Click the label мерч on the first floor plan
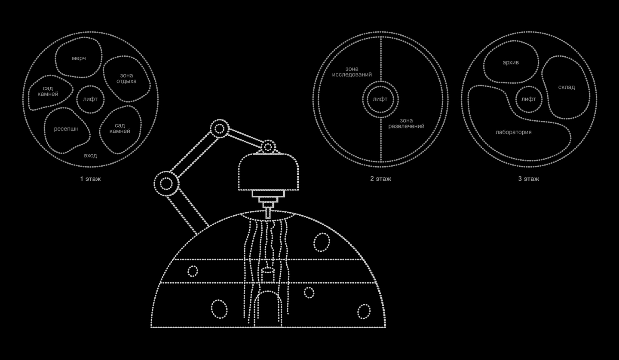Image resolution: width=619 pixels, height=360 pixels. coord(79,58)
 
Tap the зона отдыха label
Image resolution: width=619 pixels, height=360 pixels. coord(126,78)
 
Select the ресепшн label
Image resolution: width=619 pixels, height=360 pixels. coord(66,129)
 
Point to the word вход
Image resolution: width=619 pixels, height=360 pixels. coord(90,156)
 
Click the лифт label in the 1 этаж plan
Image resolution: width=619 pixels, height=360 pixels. coord(90,99)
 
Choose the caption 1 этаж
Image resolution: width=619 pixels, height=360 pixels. coord(90,179)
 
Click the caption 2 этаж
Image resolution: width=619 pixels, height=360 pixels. coord(380,179)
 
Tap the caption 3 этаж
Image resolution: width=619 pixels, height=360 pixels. coord(528,179)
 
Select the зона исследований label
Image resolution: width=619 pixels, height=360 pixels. coord(352,72)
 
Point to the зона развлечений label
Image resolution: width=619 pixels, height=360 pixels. coord(406,123)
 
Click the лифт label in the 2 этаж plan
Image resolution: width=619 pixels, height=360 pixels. coord(380,99)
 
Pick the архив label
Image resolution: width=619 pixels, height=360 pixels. coord(511,63)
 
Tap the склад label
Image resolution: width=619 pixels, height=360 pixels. coord(567,87)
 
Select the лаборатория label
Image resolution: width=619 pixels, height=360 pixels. coord(513,132)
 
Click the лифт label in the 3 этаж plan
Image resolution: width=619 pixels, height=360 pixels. coord(529,99)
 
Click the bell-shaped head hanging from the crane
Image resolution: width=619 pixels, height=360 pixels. coord(268,171)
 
